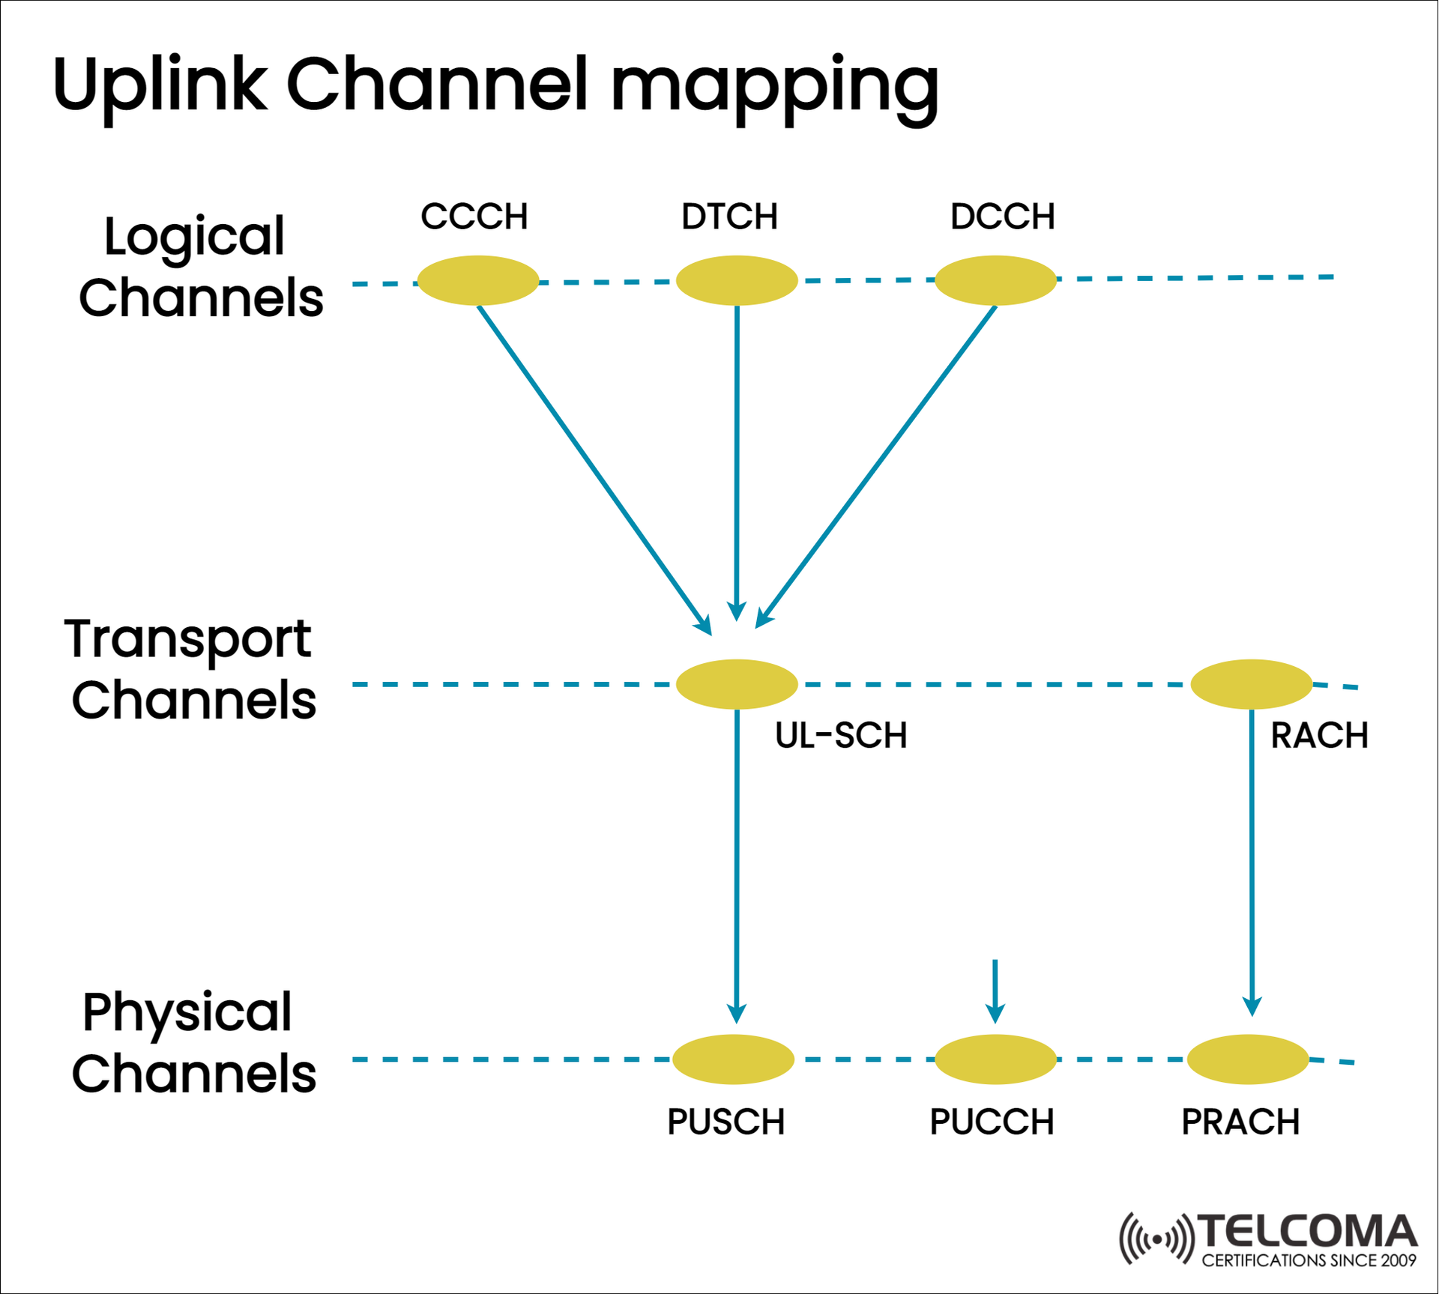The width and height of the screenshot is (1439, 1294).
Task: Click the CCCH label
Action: click(x=474, y=217)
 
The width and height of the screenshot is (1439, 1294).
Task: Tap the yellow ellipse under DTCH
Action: click(x=737, y=280)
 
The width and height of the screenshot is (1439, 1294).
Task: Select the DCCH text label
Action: click(x=1002, y=217)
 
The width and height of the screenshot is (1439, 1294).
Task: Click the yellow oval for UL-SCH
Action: click(x=737, y=684)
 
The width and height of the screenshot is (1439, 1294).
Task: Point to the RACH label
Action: click(x=1319, y=735)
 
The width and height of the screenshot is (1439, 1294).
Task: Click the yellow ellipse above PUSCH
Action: click(x=733, y=1059)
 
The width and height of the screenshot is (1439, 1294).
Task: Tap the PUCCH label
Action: click(x=992, y=1122)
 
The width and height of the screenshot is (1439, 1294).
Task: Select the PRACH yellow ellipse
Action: click(x=1248, y=1059)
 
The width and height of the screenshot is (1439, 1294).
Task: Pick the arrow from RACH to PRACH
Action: click(x=1252, y=862)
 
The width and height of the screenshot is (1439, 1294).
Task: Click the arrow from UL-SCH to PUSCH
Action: click(x=737, y=862)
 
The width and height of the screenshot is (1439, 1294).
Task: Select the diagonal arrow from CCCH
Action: click(x=592, y=468)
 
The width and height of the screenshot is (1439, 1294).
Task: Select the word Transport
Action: click(x=187, y=639)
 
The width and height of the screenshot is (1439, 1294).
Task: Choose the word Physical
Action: click(x=187, y=1012)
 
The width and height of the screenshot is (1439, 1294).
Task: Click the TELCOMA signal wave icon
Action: click(x=1156, y=1239)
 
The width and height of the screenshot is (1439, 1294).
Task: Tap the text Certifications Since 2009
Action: click(x=1309, y=1260)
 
